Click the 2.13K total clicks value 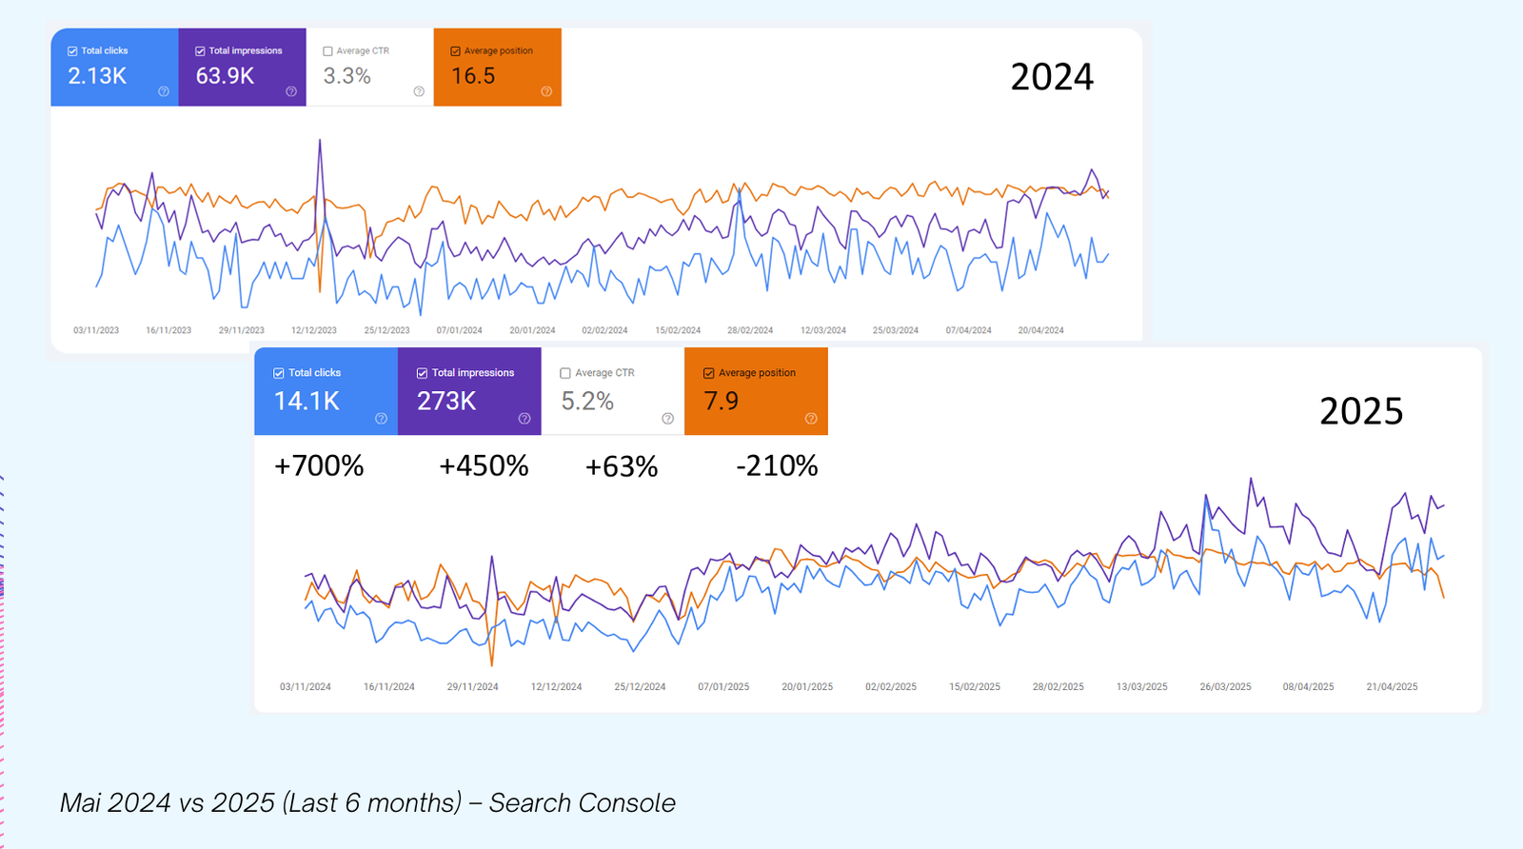pos(97,76)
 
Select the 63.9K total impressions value pos(225,76)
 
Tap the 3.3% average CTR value pos(346,76)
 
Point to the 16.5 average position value pos(473,76)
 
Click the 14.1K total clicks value pos(307,402)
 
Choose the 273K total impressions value pos(446,402)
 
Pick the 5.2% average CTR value pos(587,402)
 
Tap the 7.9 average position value pos(721,402)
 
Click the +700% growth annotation pos(319,466)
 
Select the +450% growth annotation pos(484,466)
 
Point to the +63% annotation pos(622,466)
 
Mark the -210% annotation pos(777,466)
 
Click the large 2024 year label pos(1052,77)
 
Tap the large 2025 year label pos(1361,411)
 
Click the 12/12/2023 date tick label pos(314,330)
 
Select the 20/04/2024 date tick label pos(1040,330)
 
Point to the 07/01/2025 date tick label pos(723,686)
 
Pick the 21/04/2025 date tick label pos(1392,686)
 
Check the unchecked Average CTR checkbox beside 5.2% pos(565,373)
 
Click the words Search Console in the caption pos(583,803)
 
